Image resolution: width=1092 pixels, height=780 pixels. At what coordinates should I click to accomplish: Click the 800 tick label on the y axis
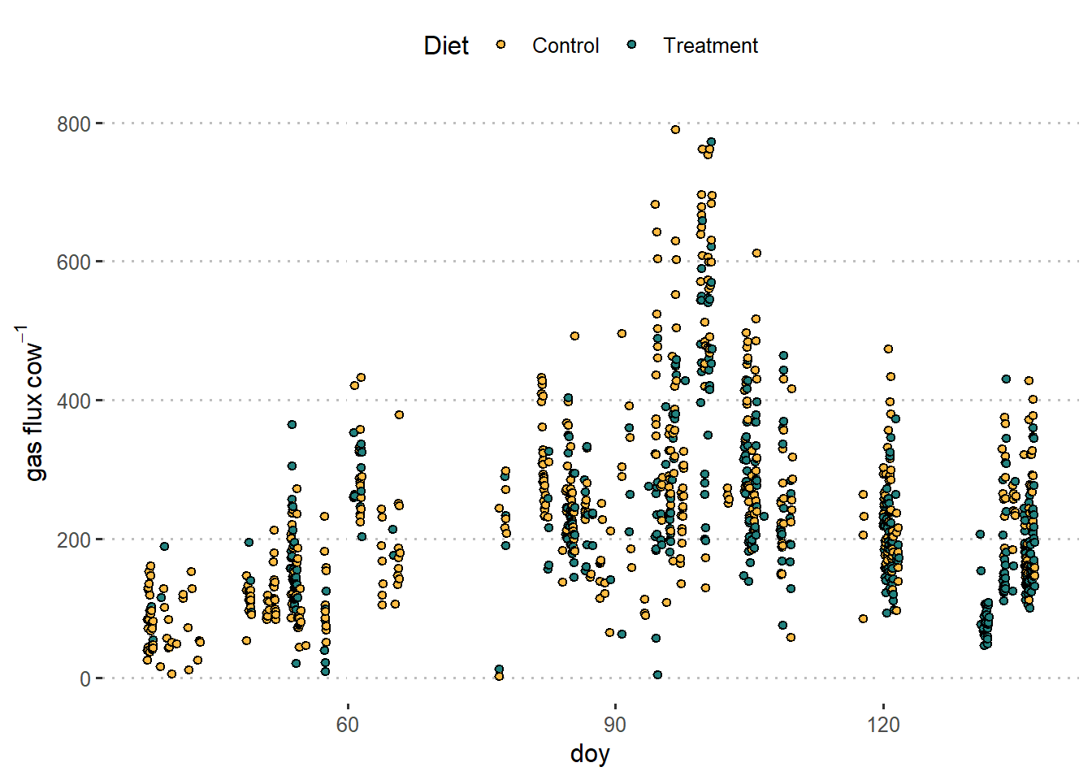(x=73, y=124)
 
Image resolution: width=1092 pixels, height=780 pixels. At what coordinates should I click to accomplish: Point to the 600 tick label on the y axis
(x=73, y=262)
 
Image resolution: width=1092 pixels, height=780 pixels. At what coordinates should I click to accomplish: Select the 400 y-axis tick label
(x=73, y=401)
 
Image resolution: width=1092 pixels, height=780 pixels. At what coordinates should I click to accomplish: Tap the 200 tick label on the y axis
(x=73, y=540)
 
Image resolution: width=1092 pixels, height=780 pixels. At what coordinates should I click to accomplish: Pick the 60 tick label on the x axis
(x=348, y=724)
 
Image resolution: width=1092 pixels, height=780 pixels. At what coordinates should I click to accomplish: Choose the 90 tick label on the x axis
(x=615, y=724)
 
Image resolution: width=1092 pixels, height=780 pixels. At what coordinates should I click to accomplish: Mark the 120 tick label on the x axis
(x=883, y=724)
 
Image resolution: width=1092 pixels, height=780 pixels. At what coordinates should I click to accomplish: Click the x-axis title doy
(x=590, y=754)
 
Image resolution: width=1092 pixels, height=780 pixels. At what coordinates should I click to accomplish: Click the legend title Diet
(x=446, y=45)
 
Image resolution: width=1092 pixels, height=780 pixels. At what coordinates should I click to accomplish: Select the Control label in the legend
(x=565, y=45)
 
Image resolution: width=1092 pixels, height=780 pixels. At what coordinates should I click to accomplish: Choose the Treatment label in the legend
(x=710, y=45)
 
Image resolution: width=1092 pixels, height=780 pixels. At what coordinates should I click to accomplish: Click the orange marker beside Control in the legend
(x=501, y=45)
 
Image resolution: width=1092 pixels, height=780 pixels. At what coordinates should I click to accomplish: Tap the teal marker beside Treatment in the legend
(x=632, y=45)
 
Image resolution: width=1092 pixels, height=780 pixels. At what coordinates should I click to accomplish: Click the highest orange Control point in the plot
(x=675, y=129)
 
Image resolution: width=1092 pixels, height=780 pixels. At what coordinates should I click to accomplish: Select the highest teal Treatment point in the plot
(x=711, y=142)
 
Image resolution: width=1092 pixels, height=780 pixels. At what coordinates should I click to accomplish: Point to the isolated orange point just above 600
(x=756, y=253)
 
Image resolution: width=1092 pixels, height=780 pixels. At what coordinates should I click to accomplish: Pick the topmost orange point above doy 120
(x=888, y=349)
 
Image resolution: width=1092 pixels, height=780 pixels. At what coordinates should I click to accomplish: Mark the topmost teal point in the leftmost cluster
(x=164, y=547)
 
